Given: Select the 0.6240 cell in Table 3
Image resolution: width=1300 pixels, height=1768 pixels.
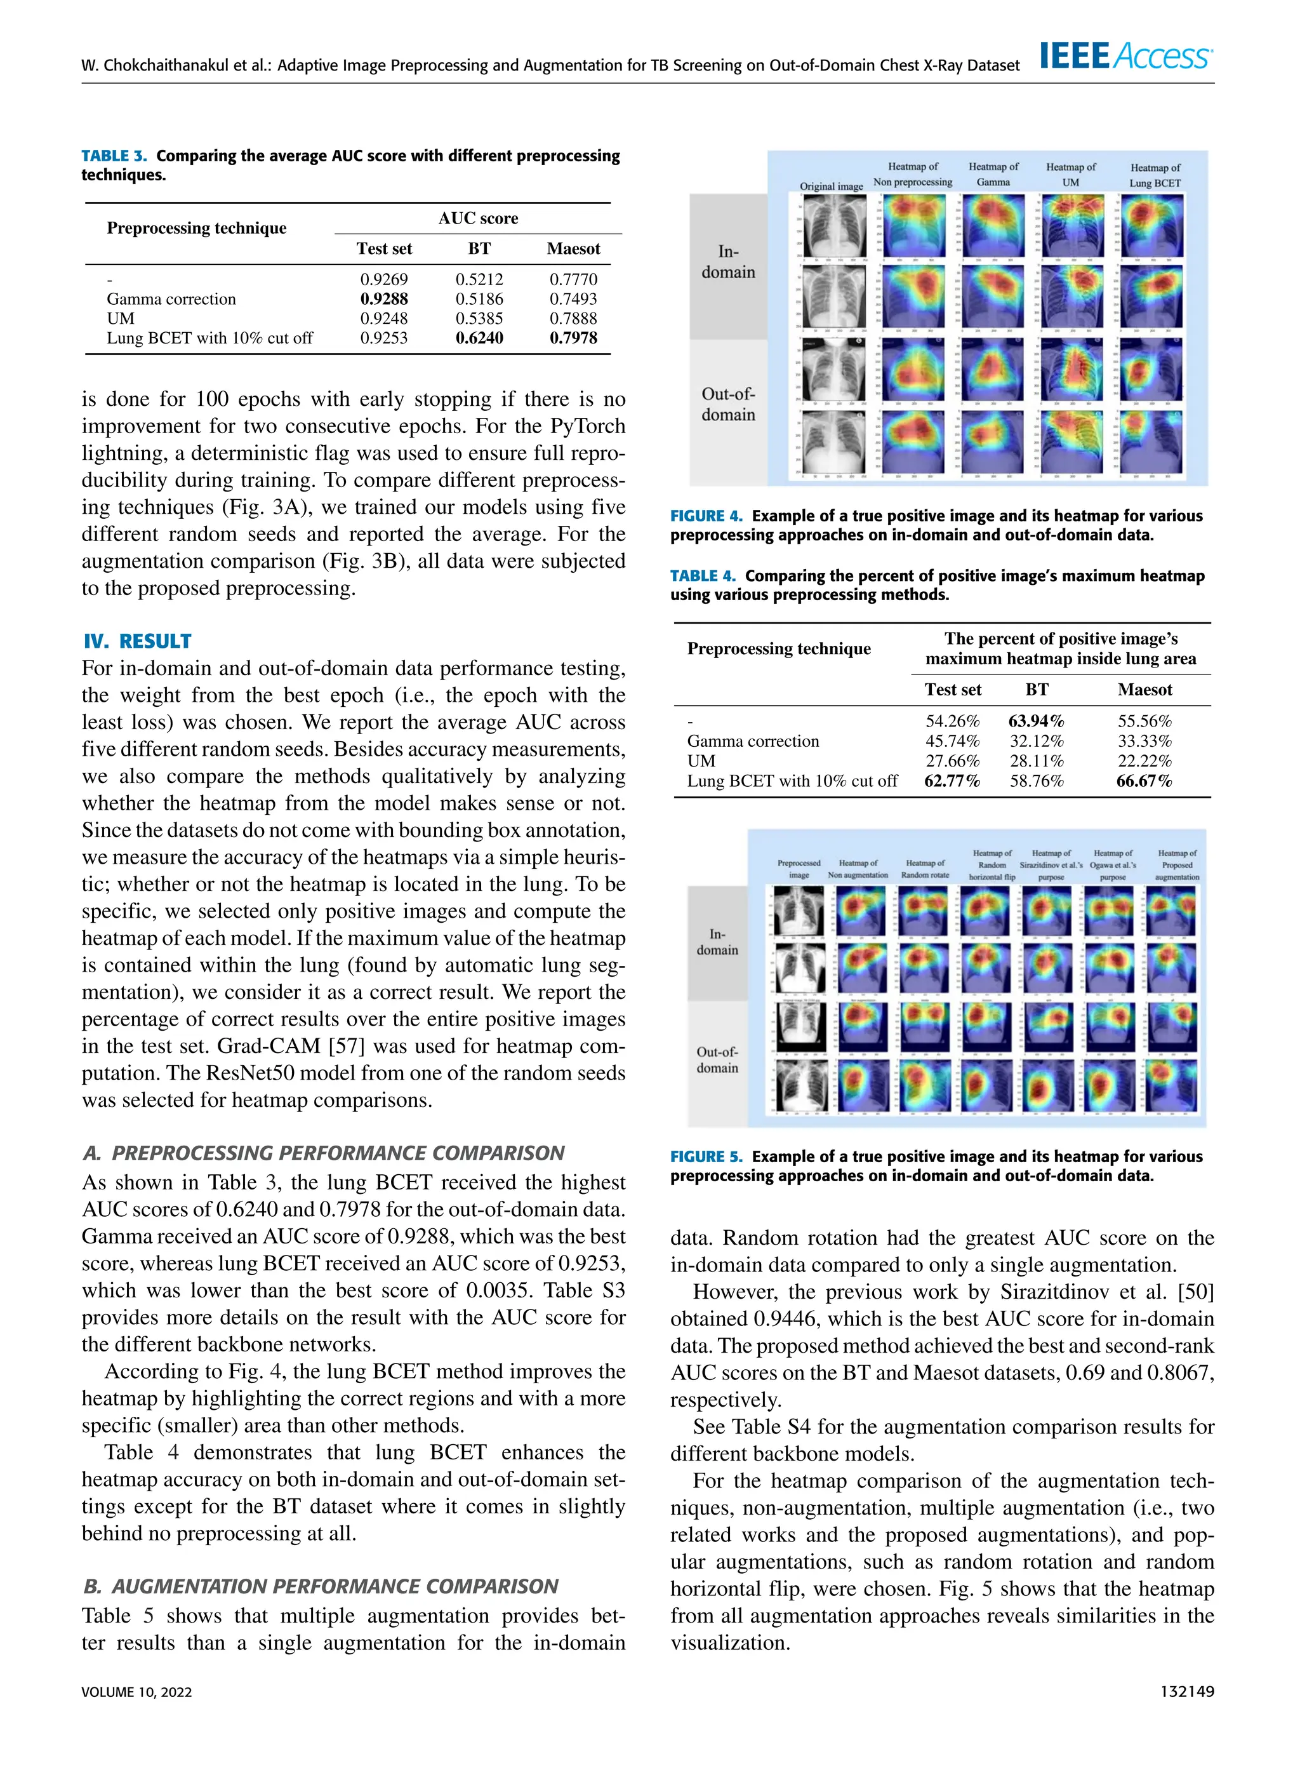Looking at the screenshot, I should (479, 338).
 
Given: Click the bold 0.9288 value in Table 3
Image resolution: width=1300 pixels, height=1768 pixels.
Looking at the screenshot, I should (384, 298).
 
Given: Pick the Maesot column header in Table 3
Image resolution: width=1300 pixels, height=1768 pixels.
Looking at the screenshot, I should (573, 249).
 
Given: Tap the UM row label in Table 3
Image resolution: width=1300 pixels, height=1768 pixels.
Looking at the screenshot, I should (121, 318).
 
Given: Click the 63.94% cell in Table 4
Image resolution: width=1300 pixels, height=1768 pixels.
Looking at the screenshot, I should (1037, 721).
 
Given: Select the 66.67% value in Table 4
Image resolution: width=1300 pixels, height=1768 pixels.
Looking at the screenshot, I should (1144, 781).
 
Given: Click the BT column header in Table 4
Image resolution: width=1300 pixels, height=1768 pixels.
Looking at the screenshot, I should (1037, 690).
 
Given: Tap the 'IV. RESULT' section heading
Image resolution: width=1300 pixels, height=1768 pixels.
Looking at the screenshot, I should (138, 641).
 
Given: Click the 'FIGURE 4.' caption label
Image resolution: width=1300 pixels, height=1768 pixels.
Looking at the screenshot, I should (706, 516).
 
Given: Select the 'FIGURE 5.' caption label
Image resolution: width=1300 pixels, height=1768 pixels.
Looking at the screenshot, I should (706, 1156).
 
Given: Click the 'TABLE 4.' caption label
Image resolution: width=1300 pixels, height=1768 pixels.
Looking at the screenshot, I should (702, 575).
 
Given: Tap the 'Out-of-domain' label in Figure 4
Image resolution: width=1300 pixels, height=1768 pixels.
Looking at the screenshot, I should (728, 404).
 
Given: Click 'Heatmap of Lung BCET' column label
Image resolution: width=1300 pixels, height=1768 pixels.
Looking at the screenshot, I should (1155, 175).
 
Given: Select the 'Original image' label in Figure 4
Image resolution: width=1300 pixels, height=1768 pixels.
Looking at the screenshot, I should (831, 187).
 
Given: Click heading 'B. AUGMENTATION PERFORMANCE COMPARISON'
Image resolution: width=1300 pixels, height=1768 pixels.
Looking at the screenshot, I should (321, 1586).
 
